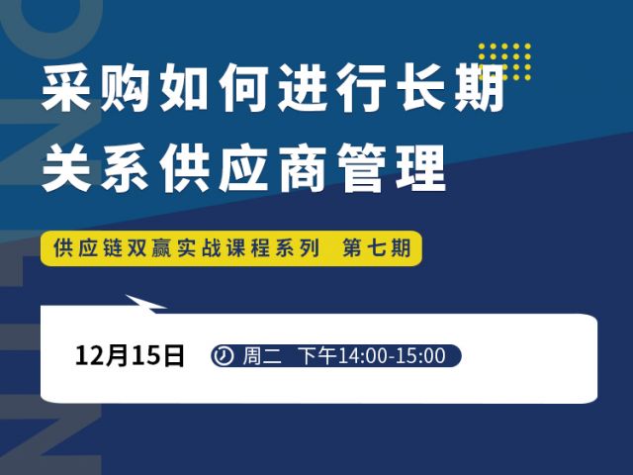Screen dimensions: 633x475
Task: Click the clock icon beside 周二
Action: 224,356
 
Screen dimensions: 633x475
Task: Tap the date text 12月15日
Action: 130,356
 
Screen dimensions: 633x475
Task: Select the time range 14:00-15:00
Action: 392,356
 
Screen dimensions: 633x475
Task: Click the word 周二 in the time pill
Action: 261,356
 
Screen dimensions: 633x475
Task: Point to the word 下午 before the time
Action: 317,356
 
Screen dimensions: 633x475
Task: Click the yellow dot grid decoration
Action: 504,61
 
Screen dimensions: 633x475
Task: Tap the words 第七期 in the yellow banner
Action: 377,247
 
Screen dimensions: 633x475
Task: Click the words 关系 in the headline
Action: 95,167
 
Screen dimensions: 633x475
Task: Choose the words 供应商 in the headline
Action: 243,167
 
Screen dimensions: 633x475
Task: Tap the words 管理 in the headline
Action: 392,167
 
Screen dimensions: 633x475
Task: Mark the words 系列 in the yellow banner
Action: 298,247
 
